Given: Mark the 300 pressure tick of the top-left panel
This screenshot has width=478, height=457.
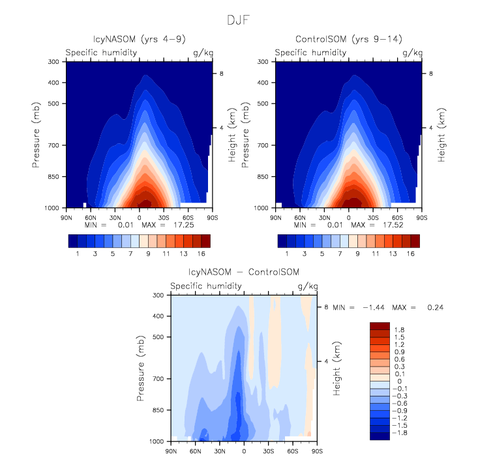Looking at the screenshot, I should point(54,62).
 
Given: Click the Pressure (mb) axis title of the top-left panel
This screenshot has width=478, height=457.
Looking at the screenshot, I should point(37,134).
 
